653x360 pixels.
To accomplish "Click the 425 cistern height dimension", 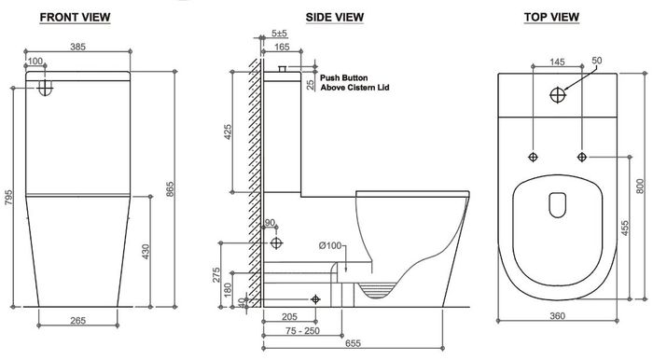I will coord(228,132).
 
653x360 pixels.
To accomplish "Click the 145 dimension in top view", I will coord(557,62).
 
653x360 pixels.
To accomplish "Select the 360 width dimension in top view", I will coord(557,317).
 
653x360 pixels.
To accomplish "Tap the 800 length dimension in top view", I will coord(640,186).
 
